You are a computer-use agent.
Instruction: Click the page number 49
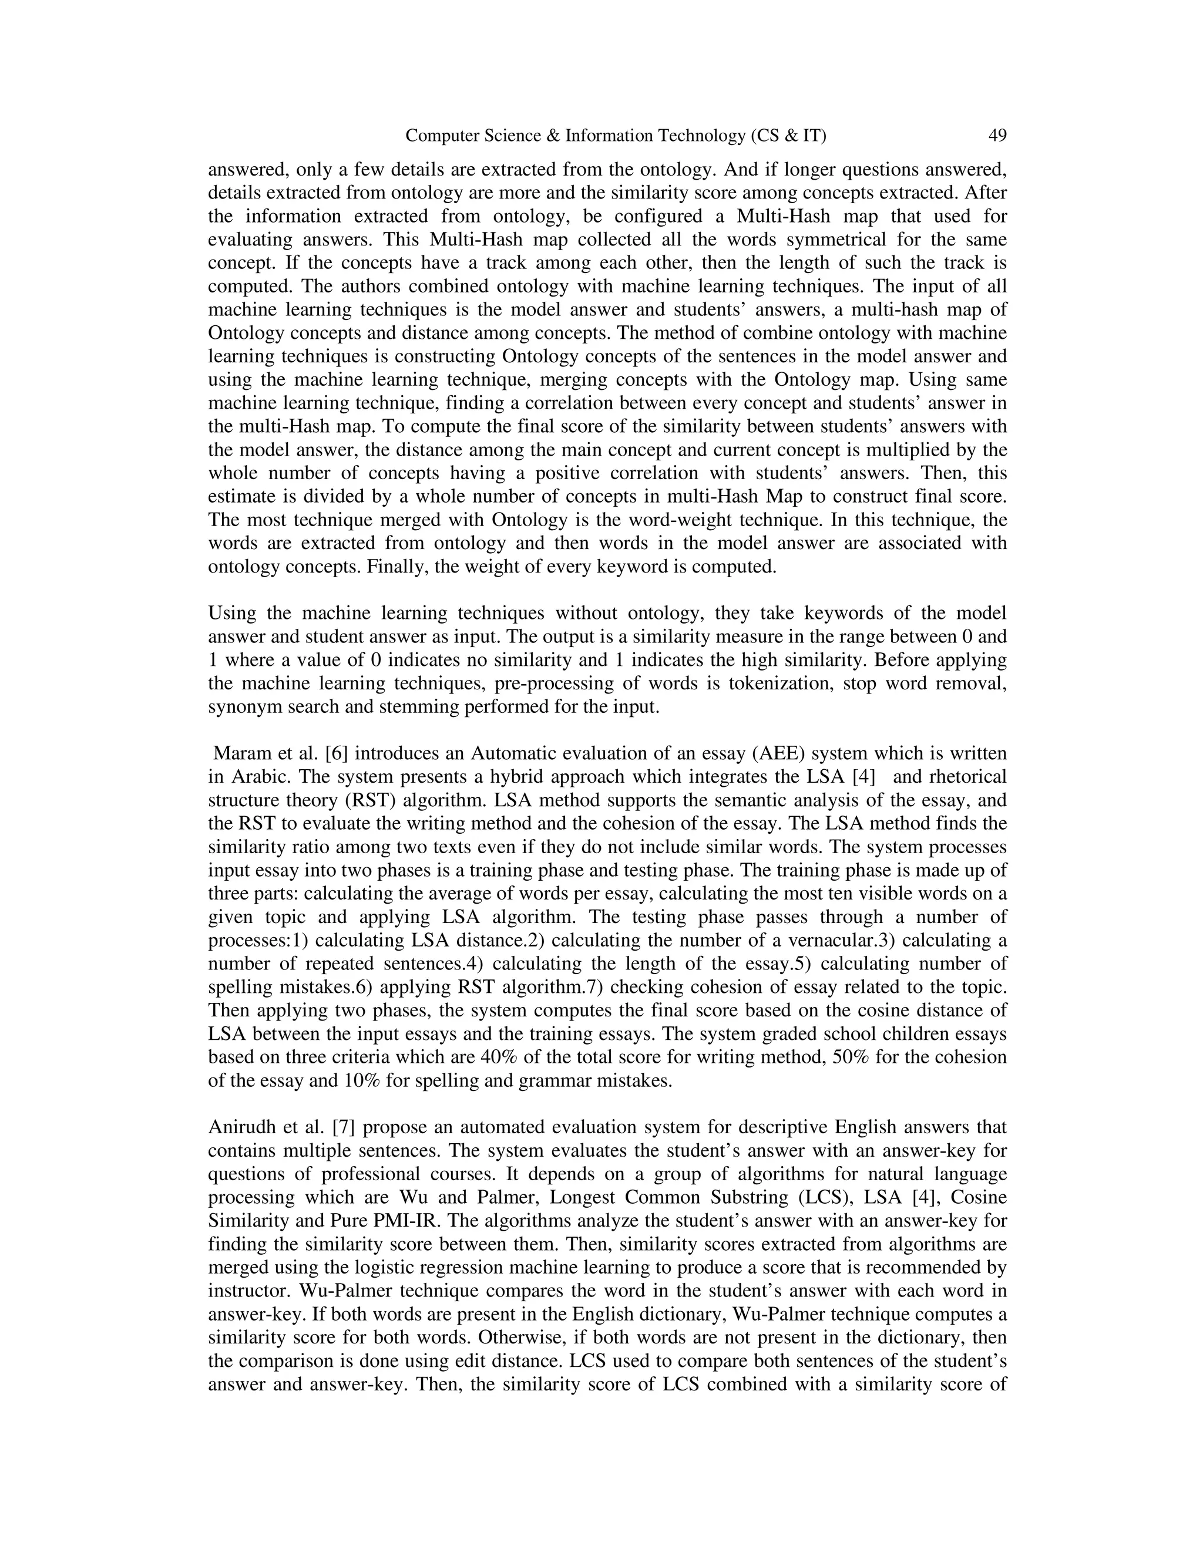997,136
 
